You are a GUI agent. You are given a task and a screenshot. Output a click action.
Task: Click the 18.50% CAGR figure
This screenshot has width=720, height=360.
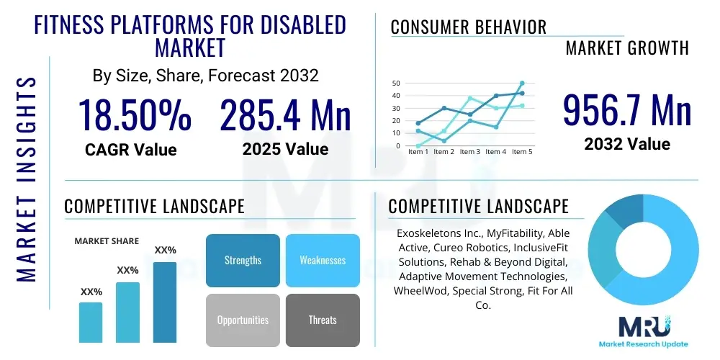click(x=135, y=115)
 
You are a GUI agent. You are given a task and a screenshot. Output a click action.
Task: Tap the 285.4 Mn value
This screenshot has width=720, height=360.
click(x=285, y=115)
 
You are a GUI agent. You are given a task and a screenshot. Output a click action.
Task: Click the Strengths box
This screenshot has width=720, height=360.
click(x=243, y=260)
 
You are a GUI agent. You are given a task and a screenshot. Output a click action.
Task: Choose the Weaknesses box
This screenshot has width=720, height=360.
click(x=323, y=260)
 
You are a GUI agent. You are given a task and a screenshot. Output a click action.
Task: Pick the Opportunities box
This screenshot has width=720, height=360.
click(x=243, y=320)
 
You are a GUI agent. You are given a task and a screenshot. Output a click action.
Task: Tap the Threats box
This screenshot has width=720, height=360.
click(x=323, y=320)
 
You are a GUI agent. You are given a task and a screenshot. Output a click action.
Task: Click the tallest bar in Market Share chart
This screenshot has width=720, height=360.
click(x=165, y=302)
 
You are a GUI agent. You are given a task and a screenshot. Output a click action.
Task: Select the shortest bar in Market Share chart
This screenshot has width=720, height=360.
click(x=91, y=322)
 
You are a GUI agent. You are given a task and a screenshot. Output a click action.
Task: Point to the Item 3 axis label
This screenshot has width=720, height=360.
click(x=470, y=152)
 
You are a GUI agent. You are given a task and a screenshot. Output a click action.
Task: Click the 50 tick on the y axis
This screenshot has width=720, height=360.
click(x=395, y=84)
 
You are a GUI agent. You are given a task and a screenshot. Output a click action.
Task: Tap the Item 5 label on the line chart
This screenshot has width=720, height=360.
click(x=522, y=152)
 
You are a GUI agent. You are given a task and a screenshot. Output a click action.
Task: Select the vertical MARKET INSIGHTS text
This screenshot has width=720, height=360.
click(x=27, y=176)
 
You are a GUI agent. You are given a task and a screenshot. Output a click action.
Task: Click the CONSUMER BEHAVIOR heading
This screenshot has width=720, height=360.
click(x=469, y=27)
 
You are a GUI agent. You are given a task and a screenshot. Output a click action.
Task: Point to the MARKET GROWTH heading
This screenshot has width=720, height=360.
click(x=627, y=48)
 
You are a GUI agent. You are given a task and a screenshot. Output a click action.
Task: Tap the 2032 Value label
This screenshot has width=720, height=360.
click(x=627, y=144)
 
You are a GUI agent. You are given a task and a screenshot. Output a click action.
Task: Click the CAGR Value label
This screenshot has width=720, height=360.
click(x=131, y=150)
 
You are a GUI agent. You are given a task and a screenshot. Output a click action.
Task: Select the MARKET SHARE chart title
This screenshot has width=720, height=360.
click(x=107, y=241)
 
